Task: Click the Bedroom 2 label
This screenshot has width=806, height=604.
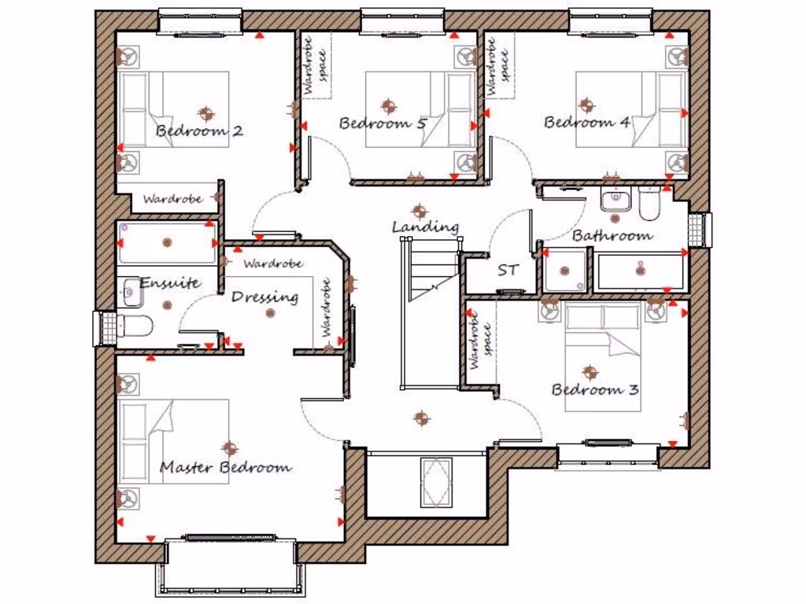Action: pos(199,131)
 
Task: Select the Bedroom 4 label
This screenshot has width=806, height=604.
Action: pos(587,123)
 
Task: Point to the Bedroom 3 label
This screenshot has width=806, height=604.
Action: pos(594,389)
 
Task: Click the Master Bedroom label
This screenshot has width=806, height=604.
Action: pos(225,467)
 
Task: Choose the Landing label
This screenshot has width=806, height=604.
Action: pos(425,227)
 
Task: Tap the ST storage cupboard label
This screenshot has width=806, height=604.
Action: pos(508,271)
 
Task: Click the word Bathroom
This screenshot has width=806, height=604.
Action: pos(612,235)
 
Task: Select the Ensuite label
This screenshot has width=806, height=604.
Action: pos(169,283)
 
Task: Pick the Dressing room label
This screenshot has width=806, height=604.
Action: pos(265,297)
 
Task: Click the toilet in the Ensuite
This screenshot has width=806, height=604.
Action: pos(135,326)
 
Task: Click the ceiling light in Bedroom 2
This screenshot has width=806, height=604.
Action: pos(206,113)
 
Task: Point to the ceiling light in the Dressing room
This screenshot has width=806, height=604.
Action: pos(271,313)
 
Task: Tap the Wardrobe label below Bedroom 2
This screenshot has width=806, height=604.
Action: pos(172,199)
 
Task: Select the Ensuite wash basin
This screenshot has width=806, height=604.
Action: pos(130,293)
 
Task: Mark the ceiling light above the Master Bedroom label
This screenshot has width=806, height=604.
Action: pos(229,448)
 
